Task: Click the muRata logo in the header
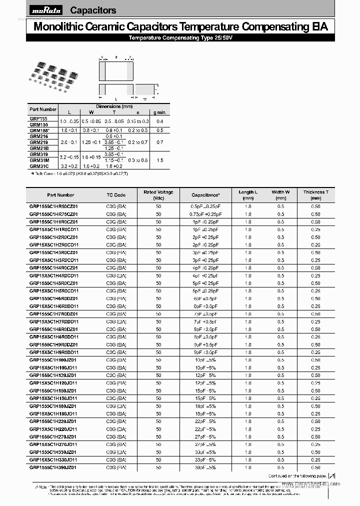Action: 46,10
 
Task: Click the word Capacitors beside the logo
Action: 93,10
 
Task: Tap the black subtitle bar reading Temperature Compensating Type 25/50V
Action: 180,38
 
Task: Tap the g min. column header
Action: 159,112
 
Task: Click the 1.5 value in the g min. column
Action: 159,160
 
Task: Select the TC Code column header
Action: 116,195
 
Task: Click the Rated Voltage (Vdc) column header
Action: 158,195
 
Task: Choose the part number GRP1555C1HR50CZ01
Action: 53,206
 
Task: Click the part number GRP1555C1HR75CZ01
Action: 53,214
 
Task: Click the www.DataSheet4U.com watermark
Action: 310,483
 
